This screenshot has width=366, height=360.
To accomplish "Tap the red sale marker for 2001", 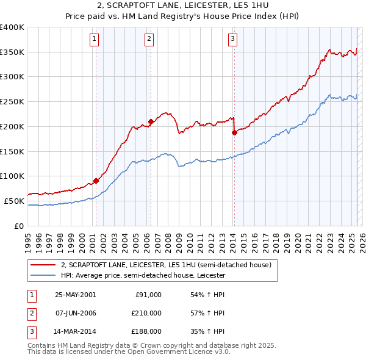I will (x=96, y=181).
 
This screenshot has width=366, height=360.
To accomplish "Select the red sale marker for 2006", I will (x=151, y=121).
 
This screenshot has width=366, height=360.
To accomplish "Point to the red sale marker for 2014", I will (x=234, y=132).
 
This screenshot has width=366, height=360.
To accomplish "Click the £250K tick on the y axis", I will (x=12, y=101).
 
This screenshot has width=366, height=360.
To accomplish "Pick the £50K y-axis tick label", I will (x=15, y=201).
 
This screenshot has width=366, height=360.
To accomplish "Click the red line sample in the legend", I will (x=43, y=265).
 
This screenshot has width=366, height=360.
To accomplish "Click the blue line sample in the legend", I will (x=43, y=275).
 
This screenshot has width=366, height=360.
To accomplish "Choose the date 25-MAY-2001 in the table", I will (x=75, y=295).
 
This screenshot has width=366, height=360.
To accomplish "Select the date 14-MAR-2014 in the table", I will (x=75, y=331).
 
